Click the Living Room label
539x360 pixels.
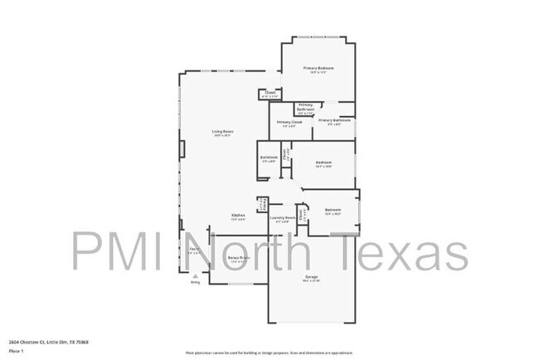point(221,132)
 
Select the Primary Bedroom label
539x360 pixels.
point(318,68)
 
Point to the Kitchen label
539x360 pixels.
point(238,216)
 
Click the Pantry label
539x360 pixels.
point(262,204)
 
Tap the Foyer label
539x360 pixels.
point(193,250)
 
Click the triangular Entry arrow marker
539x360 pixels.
point(196,276)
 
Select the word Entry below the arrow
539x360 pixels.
point(196,283)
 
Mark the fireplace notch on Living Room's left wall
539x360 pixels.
point(182,148)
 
